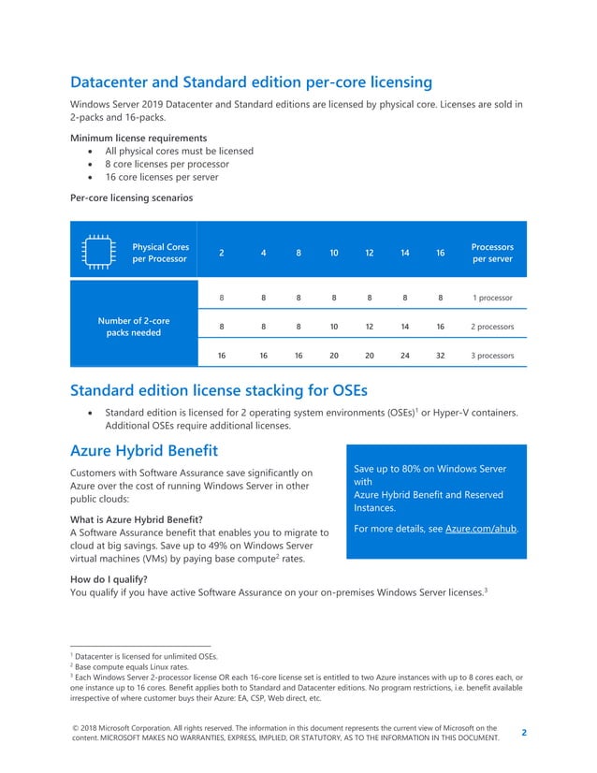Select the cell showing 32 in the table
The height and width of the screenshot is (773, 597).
coord(440,356)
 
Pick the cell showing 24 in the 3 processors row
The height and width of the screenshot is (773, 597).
coord(404,356)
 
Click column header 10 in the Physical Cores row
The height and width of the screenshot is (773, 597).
coord(333,253)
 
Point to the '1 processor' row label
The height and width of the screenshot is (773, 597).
coord(492,298)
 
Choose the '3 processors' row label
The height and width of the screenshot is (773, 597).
coord(492,356)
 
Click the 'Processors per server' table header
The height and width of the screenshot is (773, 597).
coord(492,253)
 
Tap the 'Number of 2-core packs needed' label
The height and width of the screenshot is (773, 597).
coord(129,327)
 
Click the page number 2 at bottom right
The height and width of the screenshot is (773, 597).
coord(523,733)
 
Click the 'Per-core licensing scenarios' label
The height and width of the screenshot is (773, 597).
coord(131,197)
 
